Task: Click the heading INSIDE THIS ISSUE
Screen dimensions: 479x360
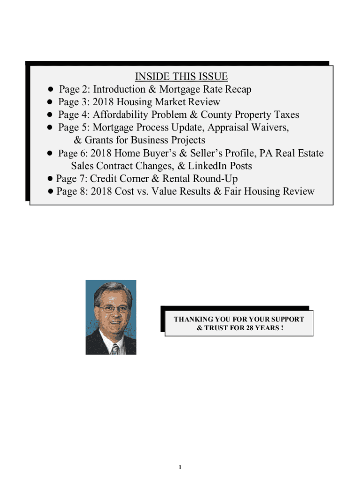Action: tap(181, 77)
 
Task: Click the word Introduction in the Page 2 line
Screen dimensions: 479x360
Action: tap(119, 89)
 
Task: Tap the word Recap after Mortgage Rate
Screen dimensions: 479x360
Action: tap(238, 89)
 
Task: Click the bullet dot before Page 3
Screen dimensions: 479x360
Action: tap(49, 102)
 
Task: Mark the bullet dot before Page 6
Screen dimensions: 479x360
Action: tap(49, 153)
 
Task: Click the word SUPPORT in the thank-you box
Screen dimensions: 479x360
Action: tap(287, 319)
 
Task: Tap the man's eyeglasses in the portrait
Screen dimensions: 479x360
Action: tap(112, 310)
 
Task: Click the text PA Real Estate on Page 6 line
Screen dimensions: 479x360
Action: tap(293, 153)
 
